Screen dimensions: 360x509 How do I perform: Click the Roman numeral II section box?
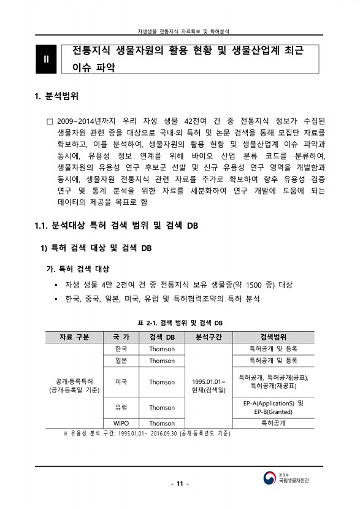(46, 59)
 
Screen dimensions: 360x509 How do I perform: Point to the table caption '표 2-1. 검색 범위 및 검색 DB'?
(180, 323)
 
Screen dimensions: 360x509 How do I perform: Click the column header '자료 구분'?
(74, 337)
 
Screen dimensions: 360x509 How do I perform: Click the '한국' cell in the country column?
(121, 349)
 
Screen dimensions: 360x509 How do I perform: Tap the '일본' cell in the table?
(121, 361)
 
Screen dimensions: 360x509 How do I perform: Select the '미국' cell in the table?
(121, 381)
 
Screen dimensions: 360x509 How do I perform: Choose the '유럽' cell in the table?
(121, 407)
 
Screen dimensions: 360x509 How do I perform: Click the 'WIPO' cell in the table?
(121, 423)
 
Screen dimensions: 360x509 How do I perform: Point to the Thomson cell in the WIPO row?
(162, 423)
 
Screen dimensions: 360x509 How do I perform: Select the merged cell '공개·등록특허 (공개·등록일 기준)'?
(74, 386)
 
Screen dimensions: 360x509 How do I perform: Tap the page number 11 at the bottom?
(180, 484)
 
